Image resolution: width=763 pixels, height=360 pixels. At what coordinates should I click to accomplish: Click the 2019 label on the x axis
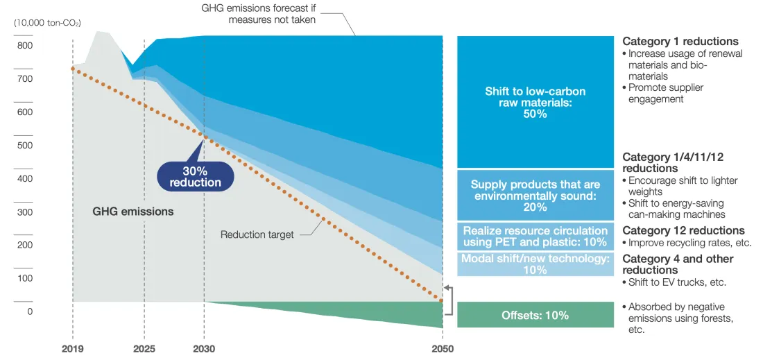[x=73, y=350]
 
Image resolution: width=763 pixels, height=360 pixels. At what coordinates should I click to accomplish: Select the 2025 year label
[x=144, y=350]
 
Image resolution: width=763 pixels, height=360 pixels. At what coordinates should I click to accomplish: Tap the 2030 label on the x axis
[x=205, y=350]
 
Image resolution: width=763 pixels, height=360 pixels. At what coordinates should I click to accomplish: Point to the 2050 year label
[x=443, y=350]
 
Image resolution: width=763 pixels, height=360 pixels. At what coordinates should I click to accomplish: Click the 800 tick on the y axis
[x=25, y=46]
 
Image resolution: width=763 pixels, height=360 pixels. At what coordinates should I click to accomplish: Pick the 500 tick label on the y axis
[x=25, y=146]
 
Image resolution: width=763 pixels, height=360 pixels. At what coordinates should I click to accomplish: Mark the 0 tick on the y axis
[x=29, y=311]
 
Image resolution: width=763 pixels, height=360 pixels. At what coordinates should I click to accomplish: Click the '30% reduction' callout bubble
[x=195, y=177]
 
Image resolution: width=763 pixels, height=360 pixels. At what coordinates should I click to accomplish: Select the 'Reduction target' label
[x=257, y=235]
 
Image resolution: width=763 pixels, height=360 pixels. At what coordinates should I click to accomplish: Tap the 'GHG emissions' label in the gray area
[x=133, y=212]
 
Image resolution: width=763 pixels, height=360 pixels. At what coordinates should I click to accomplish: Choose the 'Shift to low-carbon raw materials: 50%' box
[x=535, y=102]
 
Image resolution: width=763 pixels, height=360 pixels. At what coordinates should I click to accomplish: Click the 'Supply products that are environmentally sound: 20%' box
[x=535, y=195]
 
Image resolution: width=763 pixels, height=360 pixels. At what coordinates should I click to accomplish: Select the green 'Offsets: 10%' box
[x=535, y=315]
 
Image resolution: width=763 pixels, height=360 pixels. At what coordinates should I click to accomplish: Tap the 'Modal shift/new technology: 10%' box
[x=535, y=264]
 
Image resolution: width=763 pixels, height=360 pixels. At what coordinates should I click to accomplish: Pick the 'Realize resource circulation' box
[x=535, y=237]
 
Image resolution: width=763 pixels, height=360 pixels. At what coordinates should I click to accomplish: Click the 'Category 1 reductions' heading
[x=680, y=42]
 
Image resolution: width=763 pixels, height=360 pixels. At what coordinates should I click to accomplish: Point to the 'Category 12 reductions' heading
[x=684, y=230]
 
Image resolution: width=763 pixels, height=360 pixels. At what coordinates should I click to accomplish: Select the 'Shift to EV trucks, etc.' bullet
[x=675, y=282]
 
